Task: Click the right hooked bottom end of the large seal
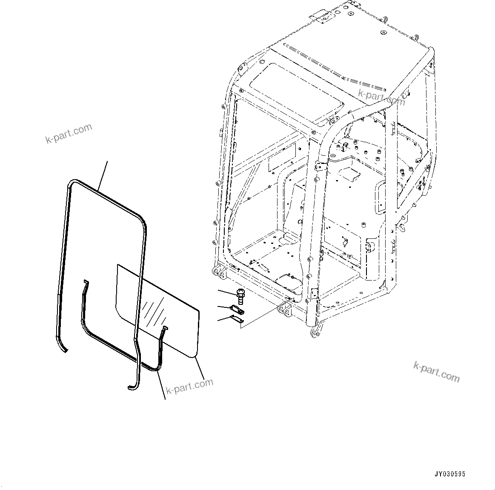point(133,385)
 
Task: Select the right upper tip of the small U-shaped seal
point(165,328)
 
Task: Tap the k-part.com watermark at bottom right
point(436,371)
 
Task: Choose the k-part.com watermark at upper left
point(69,133)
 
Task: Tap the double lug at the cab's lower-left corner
point(217,272)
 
